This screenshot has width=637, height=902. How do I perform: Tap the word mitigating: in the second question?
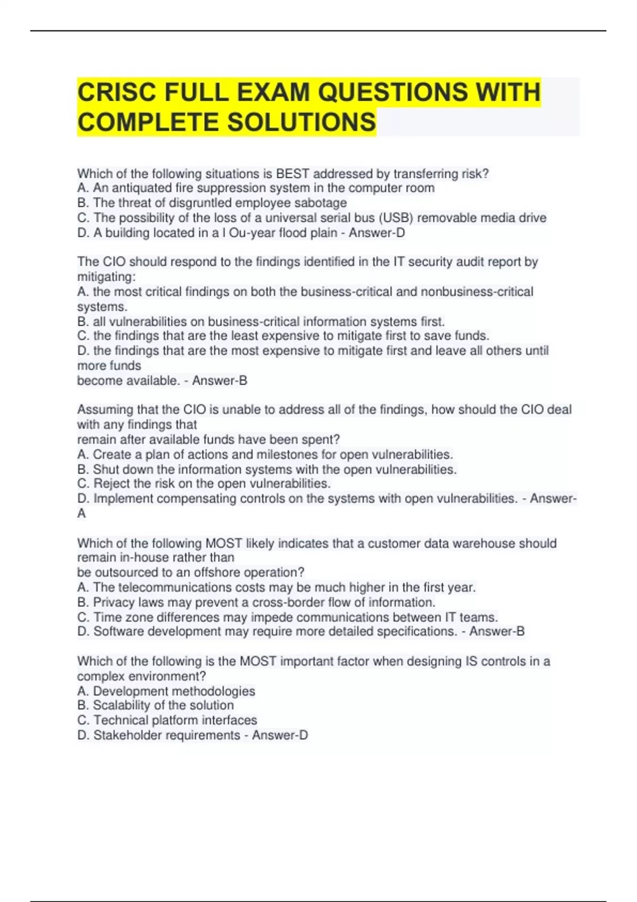(x=106, y=276)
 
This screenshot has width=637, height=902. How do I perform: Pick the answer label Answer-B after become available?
(x=219, y=380)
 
